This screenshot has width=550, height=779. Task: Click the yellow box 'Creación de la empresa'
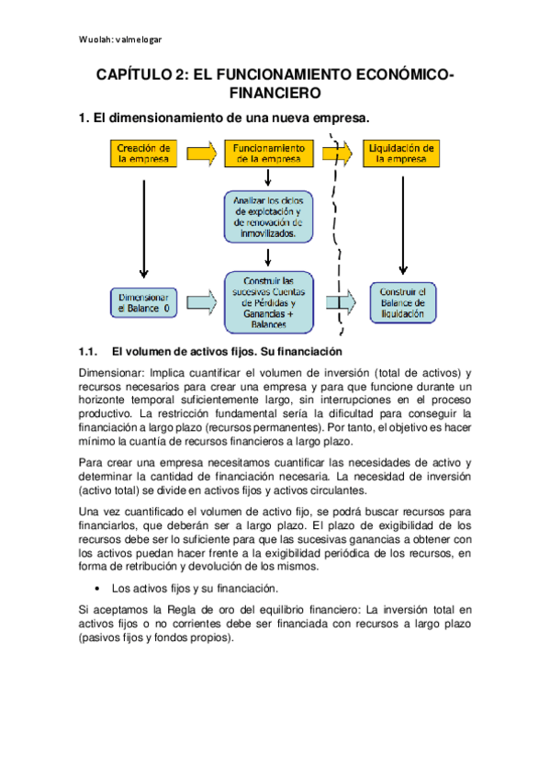(x=142, y=152)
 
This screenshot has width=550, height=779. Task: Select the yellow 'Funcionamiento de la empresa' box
(x=268, y=152)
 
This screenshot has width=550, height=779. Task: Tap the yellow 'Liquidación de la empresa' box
(x=401, y=152)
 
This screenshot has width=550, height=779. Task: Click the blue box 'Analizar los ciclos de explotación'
(x=268, y=215)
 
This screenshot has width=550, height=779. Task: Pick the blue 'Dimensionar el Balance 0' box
(x=142, y=302)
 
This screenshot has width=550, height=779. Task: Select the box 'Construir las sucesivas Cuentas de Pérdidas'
(x=268, y=302)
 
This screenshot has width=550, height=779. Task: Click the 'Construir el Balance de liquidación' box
(x=401, y=302)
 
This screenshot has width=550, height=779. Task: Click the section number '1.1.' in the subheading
(x=89, y=351)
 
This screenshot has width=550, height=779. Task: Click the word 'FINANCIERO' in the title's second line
(x=275, y=94)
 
